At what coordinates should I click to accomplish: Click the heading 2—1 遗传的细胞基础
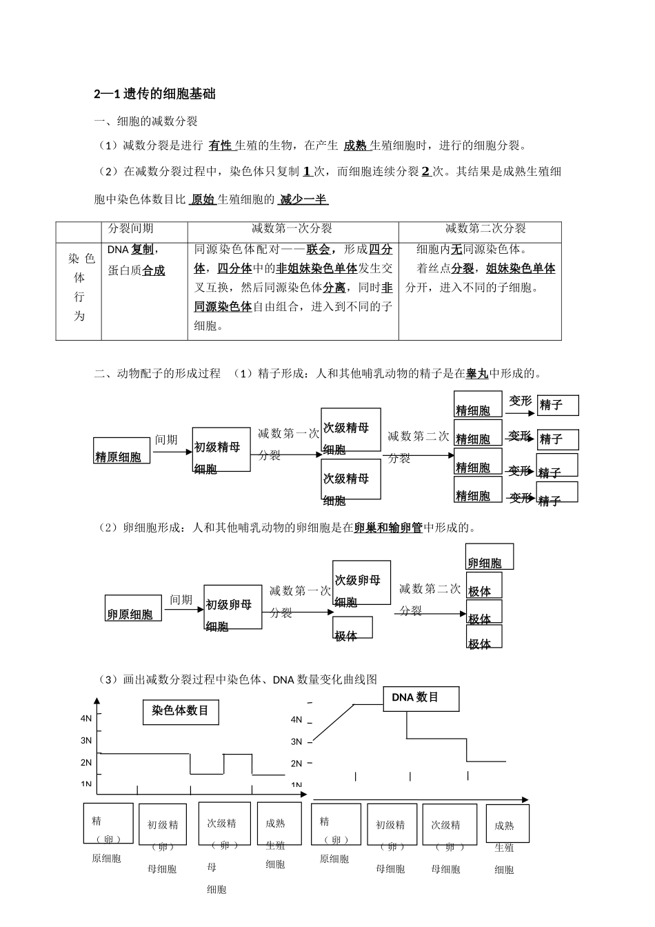tap(155, 94)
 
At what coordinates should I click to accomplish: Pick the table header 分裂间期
tap(131, 228)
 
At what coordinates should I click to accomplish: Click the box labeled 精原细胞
tap(122, 450)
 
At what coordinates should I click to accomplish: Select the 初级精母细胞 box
tap(221, 450)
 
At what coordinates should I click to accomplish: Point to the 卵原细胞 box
tap(134, 608)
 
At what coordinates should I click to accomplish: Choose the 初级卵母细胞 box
tap(233, 607)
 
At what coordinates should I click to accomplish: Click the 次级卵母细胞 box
tap(361, 583)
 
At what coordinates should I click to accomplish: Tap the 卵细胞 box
tap(490, 557)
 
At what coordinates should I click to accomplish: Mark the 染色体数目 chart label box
tap(181, 711)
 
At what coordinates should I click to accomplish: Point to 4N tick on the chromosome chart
tap(87, 719)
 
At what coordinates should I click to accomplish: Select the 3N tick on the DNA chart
tap(297, 742)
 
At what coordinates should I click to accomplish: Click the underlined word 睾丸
tap(477, 374)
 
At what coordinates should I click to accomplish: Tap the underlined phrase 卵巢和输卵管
tap(388, 528)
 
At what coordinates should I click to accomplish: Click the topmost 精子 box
tap(558, 406)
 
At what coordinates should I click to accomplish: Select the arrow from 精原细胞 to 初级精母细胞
tap(171, 452)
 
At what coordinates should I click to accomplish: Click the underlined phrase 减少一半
tap(303, 200)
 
